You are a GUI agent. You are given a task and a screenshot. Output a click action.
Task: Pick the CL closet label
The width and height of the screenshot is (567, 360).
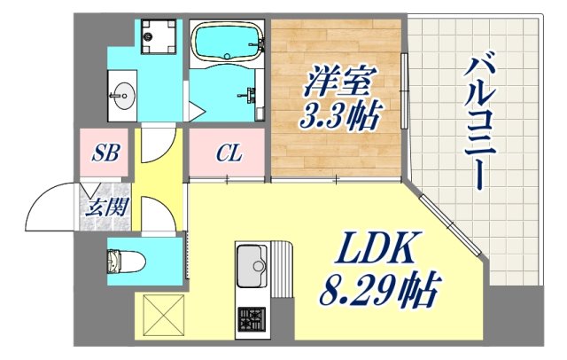tap(229, 154)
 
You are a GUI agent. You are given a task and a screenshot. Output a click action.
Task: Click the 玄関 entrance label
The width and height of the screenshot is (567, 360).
tap(104, 210)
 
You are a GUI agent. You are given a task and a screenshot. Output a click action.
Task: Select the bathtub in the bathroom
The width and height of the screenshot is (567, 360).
tap(226, 42)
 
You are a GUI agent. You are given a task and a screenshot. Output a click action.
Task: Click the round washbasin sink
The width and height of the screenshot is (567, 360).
tap(124, 91)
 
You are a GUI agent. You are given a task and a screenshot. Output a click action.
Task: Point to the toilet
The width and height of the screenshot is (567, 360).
tap(119, 261)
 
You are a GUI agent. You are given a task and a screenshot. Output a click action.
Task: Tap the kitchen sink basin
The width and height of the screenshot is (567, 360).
tap(252, 265)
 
